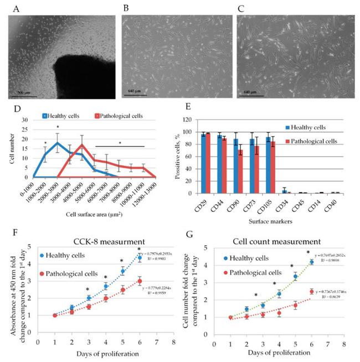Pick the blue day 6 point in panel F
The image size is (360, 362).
click(x=140, y=257)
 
